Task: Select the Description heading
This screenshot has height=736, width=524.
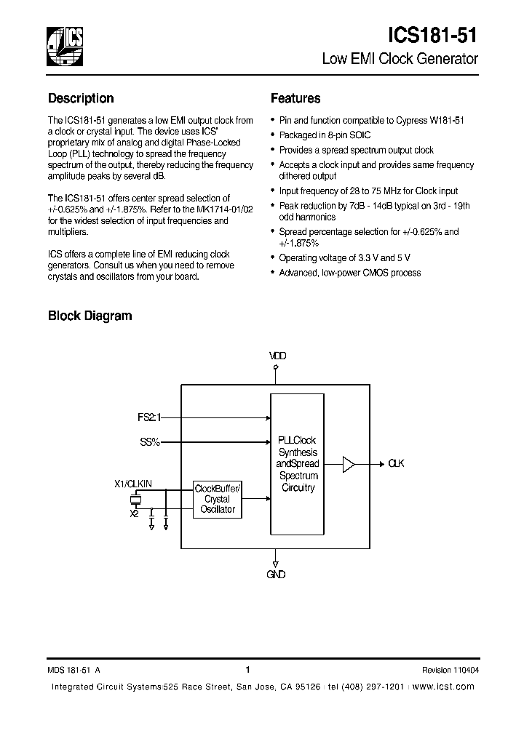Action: coord(81,99)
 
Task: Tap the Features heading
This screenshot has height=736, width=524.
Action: coord(295,99)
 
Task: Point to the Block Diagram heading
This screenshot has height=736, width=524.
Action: coord(90,316)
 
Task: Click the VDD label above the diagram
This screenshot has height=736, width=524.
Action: coord(277,356)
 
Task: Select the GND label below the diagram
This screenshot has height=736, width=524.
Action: coord(276,575)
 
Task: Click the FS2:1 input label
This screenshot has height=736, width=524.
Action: coord(148,418)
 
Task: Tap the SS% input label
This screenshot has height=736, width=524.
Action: coord(149,441)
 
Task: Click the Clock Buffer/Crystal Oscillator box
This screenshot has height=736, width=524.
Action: coord(218,499)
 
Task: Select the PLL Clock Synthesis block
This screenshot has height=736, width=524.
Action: coord(298,464)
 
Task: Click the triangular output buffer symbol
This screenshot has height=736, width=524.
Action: coord(349,463)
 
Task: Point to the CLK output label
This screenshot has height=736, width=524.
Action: coord(396,463)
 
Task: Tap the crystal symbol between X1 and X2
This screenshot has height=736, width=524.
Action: coord(135,500)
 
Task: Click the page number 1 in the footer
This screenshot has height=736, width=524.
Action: coord(248,670)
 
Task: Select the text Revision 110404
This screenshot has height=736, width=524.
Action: coord(450,671)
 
